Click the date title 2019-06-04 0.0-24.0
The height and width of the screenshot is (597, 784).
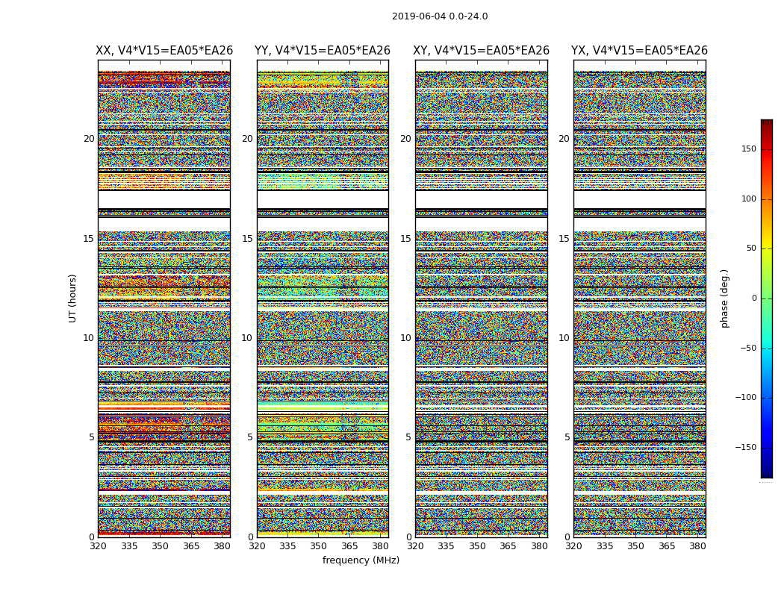pyautogui.click(x=440, y=16)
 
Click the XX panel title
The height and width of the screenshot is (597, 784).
pyautogui.click(x=164, y=51)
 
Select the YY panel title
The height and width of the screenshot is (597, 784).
pyautogui.click(x=323, y=51)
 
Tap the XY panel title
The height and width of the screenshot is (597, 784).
pyautogui.click(x=482, y=51)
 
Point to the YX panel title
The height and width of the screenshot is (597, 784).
pyautogui.click(x=639, y=51)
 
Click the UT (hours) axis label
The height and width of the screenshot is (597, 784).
pyautogui.click(x=72, y=298)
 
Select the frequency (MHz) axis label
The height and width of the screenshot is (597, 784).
pyautogui.click(x=361, y=560)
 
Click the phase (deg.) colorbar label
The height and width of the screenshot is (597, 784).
pyautogui.click(x=724, y=298)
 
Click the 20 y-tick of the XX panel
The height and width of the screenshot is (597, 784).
pyautogui.click(x=89, y=139)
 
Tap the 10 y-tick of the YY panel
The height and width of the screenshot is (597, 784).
pyautogui.click(x=246, y=338)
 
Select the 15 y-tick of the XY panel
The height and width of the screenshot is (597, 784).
pyautogui.click(x=405, y=239)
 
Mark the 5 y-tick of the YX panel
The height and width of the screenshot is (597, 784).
pyautogui.click(x=567, y=437)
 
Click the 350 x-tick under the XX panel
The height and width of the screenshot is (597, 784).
pyautogui.click(x=160, y=546)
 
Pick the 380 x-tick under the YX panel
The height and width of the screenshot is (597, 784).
pyautogui.click(x=697, y=546)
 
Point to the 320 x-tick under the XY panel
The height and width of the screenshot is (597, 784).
pyautogui.click(x=415, y=546)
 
